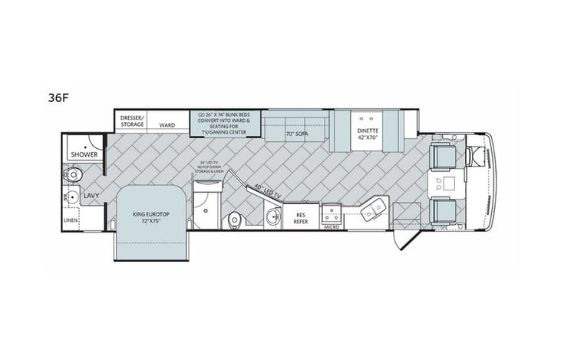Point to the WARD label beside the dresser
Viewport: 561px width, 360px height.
(x=167, y=124)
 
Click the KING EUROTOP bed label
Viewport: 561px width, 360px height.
(x=150, y=217)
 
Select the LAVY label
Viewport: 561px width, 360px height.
(x=91, y=197)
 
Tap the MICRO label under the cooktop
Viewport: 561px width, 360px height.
(x=332, y=226)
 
